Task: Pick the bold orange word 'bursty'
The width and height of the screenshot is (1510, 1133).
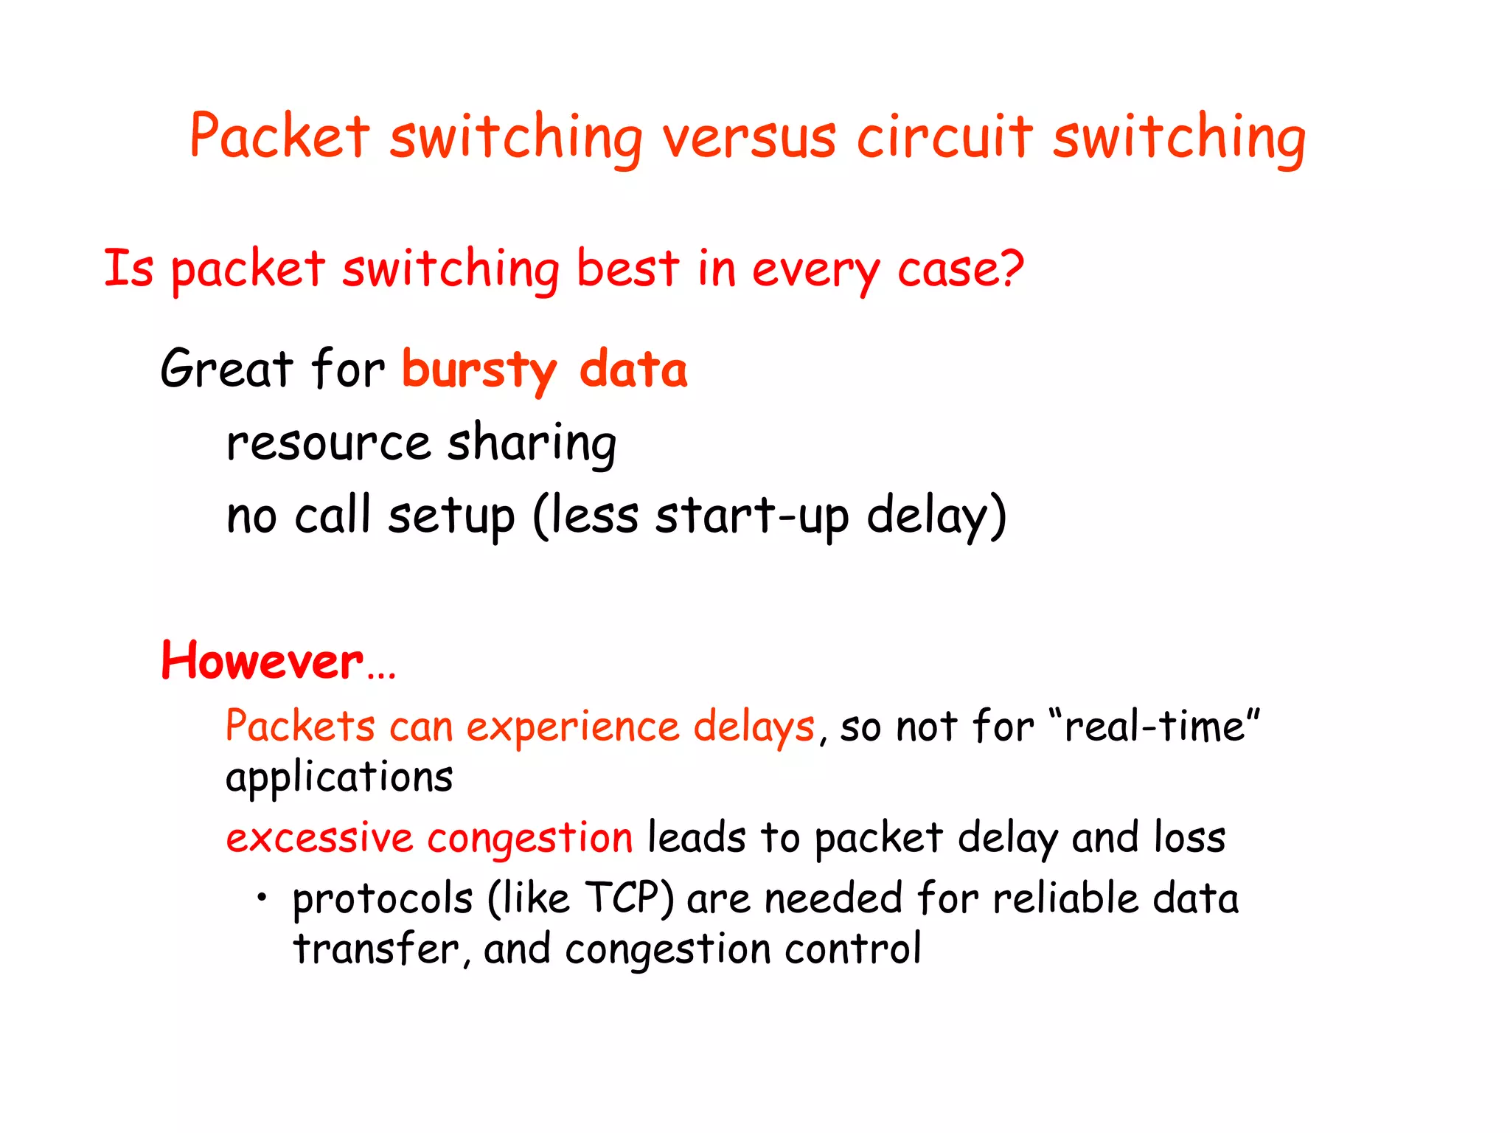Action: coord(479,370)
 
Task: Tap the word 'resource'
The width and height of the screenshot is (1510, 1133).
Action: coord(328,444)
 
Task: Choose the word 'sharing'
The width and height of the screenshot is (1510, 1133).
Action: coord(532,444)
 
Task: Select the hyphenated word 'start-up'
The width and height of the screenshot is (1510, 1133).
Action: coord(752,516)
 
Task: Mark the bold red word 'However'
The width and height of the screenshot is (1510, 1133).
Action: coord(262,661)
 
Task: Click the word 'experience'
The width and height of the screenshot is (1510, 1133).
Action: coord(573,727)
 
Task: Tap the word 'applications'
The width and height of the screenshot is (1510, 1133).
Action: coord(339,778)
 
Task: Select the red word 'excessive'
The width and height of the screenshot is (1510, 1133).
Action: coord(319,839)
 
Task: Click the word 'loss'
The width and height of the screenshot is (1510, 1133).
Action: coord(1189,837)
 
